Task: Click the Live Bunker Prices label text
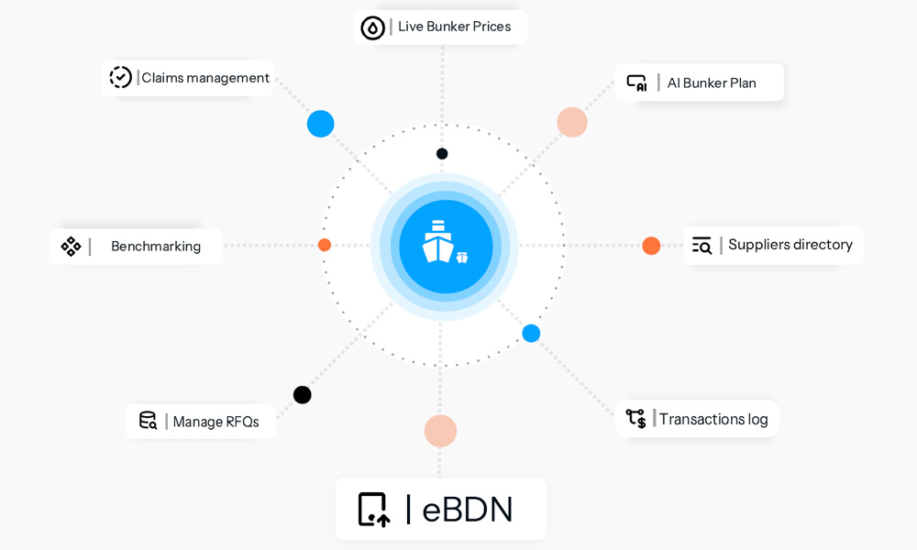pyautogui.click(x=455, y=27)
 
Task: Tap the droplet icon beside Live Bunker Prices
pyautogui.click(x=372, y=27)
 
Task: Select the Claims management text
pyautogui.click(x=205, y=78)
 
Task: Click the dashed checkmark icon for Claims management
pyautogui.click(x=120, y=77)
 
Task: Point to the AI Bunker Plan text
pyautogui.click(x=712, y=83)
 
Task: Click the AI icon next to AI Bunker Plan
pyautogui.click(x=637, y=83)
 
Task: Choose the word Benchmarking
pyautogui.click(x=156, y=246)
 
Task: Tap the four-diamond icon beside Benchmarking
pyautogui.click(x=71, y=246)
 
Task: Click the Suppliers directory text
pyautogui.click(x=790, y=245)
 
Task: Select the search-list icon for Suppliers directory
pyautogui.click(x=702, y=246)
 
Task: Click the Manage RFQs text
pyautogui.click(x=215, y=422)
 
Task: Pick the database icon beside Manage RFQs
pyautogui.click(x=148, y=420)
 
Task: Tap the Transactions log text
pyautogui.click(x=713, y=419)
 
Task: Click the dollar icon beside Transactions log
pyautogui.click(x=636, y=419)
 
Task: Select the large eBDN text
pyautogui.click(x=468, y=510)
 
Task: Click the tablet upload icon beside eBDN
pyautogui.click(x=374, y=510)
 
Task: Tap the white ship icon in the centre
pyautogui.click(x=445, y=242)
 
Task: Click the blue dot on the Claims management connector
pyautogui.click(x=320, y=124)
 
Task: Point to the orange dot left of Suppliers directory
pyautogui.click(x=651, y=246)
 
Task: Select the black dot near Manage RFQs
pyautogui.click(x=303, y=395)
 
